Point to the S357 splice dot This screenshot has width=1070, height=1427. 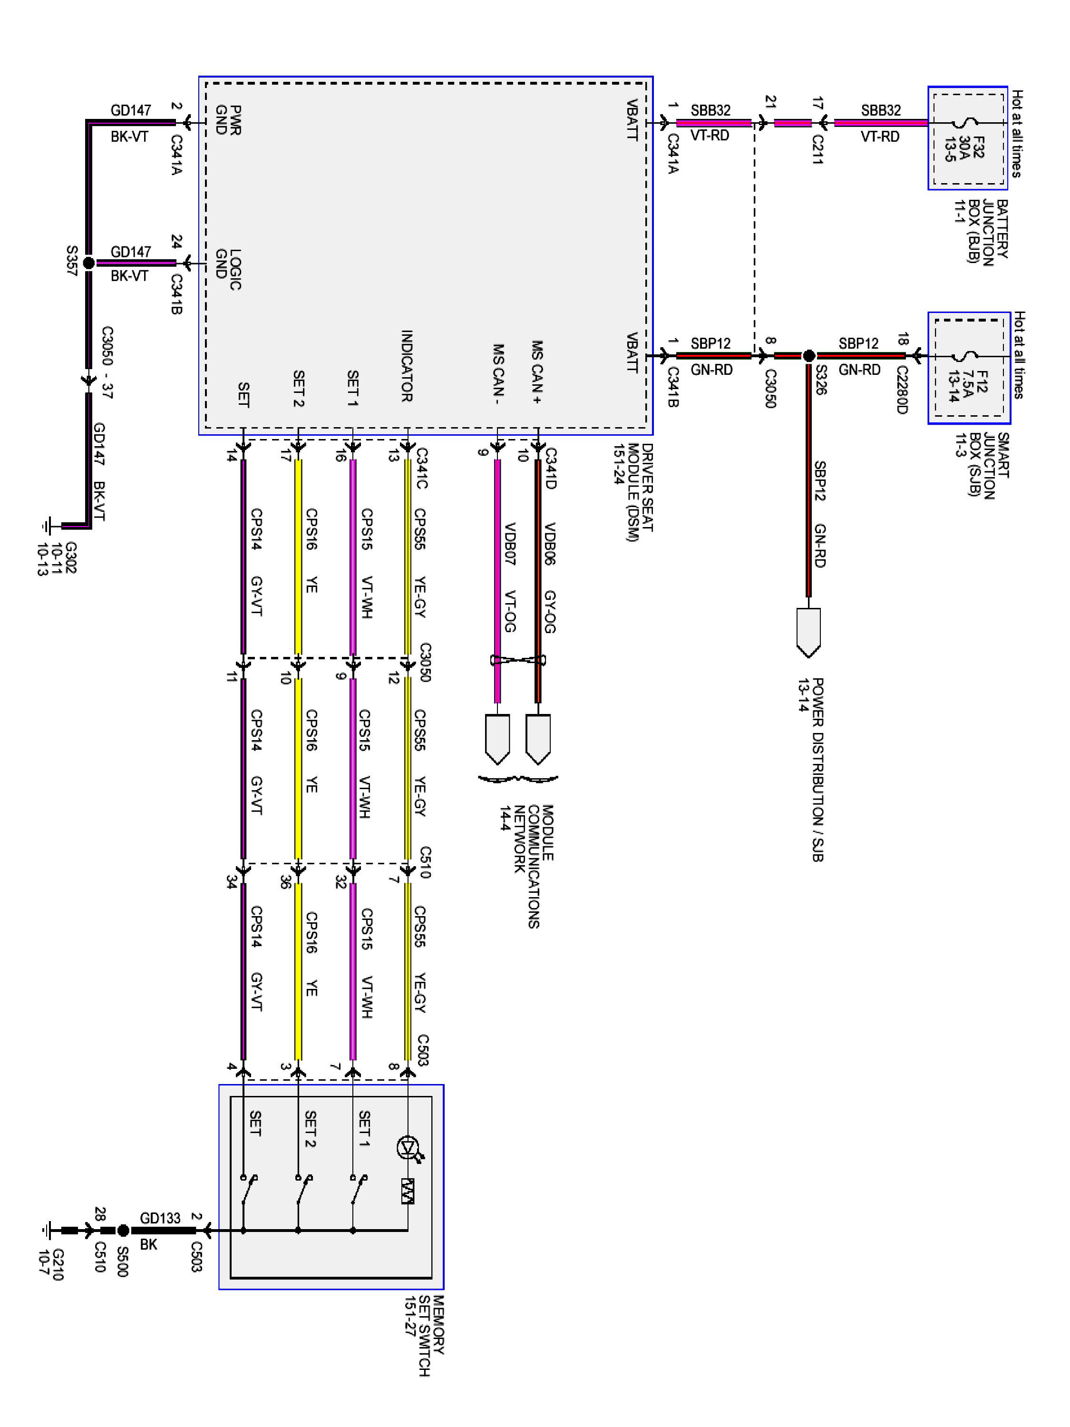point(89,263)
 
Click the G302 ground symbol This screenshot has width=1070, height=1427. point(47,526)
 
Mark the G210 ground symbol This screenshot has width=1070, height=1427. point(47,1230)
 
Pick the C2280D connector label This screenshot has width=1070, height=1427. point(902,389)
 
